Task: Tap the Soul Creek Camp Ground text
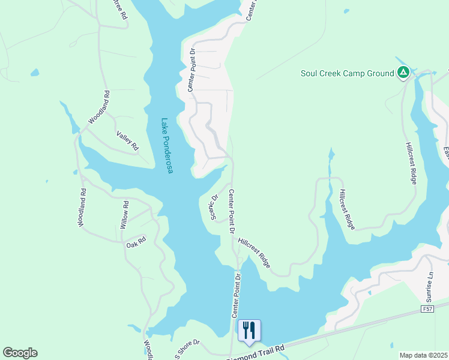click(x=347, y=74)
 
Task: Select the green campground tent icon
click(x=403, y=73)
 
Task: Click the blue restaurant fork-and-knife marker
click(x=249, y=330)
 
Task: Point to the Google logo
click(x=20, y=353)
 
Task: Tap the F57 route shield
click(x=427, y=309)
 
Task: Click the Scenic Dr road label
click(x=214, y=206)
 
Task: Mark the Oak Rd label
click(x=136, y=244)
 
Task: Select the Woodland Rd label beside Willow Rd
click(x=82, y=208)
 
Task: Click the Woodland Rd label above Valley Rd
click(x=99, y=107)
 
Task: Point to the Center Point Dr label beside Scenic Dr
click(x=231, y=210)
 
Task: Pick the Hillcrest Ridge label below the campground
click(x=412, y=163)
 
